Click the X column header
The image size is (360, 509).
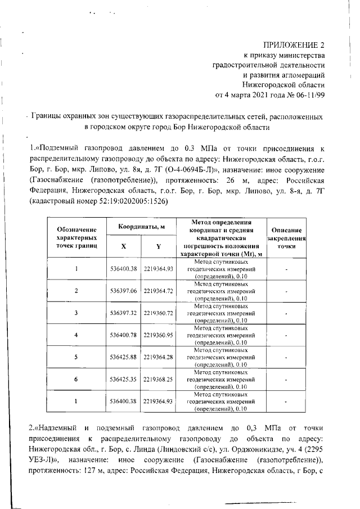pyautogui.click(x=123, y=246)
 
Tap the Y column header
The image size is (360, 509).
pyautogui.click(x=159, y=246)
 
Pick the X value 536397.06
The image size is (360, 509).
pyautogui.click(x=123, y=291)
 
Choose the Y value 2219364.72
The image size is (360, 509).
pyautogui.click(x=159, y=291)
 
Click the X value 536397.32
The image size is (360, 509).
pyautogui.click(x=123, y=313)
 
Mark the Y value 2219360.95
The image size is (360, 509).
pyautogui.click(x=159, y=335)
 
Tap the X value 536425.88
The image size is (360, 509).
pyautogui.click(x=123, y=357)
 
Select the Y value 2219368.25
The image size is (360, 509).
pyautogui.click(x=159, y=379)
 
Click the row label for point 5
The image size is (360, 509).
pyautogui.click(x=76, y=357)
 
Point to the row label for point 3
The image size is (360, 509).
pyautogui.click(x=76, y=313)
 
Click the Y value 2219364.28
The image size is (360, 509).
pyautogui.click(x=159, y=357)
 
